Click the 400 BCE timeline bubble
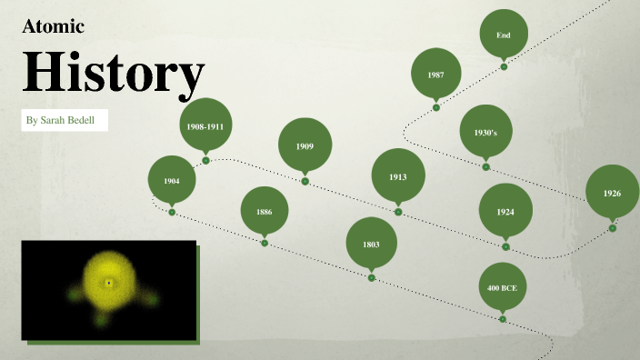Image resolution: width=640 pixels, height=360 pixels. click(503, 287)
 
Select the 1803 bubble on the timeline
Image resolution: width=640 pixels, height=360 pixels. click(371, 245)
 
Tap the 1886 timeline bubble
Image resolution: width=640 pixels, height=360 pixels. click(264, 212)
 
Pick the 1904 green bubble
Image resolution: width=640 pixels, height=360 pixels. click(172, 181)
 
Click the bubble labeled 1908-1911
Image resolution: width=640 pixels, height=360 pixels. click(205, 126)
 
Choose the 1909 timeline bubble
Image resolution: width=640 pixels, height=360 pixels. click(305, 145)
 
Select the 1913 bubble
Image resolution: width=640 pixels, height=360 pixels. click(397, 176)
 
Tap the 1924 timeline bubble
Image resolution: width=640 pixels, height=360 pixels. click(505, 211)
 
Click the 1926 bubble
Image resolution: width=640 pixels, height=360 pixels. click(612, 193)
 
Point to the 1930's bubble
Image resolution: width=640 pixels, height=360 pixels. click(485, 132)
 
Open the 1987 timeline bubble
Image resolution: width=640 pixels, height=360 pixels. click(436, 74)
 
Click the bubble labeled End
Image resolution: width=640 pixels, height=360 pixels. click(504, 35)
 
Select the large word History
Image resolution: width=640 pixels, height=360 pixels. click(113, 74)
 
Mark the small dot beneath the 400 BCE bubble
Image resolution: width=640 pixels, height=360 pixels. click(503, 319)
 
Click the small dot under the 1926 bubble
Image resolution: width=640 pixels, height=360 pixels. click(613, 228)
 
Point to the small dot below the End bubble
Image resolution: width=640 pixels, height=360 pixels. click(504, 66)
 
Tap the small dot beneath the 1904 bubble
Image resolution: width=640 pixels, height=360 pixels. click(172, 212)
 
